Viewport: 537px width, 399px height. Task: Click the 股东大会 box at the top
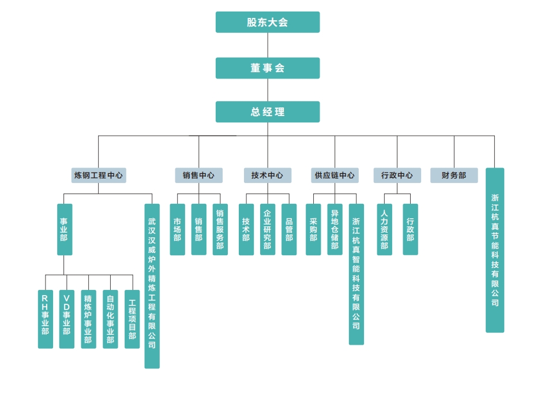point(268,23)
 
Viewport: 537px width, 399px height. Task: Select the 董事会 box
point(268,68)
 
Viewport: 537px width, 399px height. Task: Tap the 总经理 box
point(268,112)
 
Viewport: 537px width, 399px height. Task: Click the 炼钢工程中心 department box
point(99,176)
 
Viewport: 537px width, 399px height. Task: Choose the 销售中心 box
point(198,176)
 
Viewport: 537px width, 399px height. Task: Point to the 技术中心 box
point(267,176)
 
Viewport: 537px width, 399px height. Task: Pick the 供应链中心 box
point(335,176)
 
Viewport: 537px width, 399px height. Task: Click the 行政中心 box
point(397,176)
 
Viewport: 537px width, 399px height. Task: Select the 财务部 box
point(454,176)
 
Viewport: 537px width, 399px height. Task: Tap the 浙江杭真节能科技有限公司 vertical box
point(495,250)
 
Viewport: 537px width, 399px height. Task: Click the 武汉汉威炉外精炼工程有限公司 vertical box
point(152,286)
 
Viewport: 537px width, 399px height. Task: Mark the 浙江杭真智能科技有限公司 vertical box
point(356,274)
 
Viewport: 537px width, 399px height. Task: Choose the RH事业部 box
point(46,319)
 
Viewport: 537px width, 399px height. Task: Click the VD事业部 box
point(67,319)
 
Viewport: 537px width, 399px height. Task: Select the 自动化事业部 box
point(110,319)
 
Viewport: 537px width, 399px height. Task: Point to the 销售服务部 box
point(220,229)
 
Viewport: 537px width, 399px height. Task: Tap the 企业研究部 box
point(267,229)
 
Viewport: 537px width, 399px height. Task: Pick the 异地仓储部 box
point(335,229)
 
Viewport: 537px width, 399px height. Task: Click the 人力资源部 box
point(384,229)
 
